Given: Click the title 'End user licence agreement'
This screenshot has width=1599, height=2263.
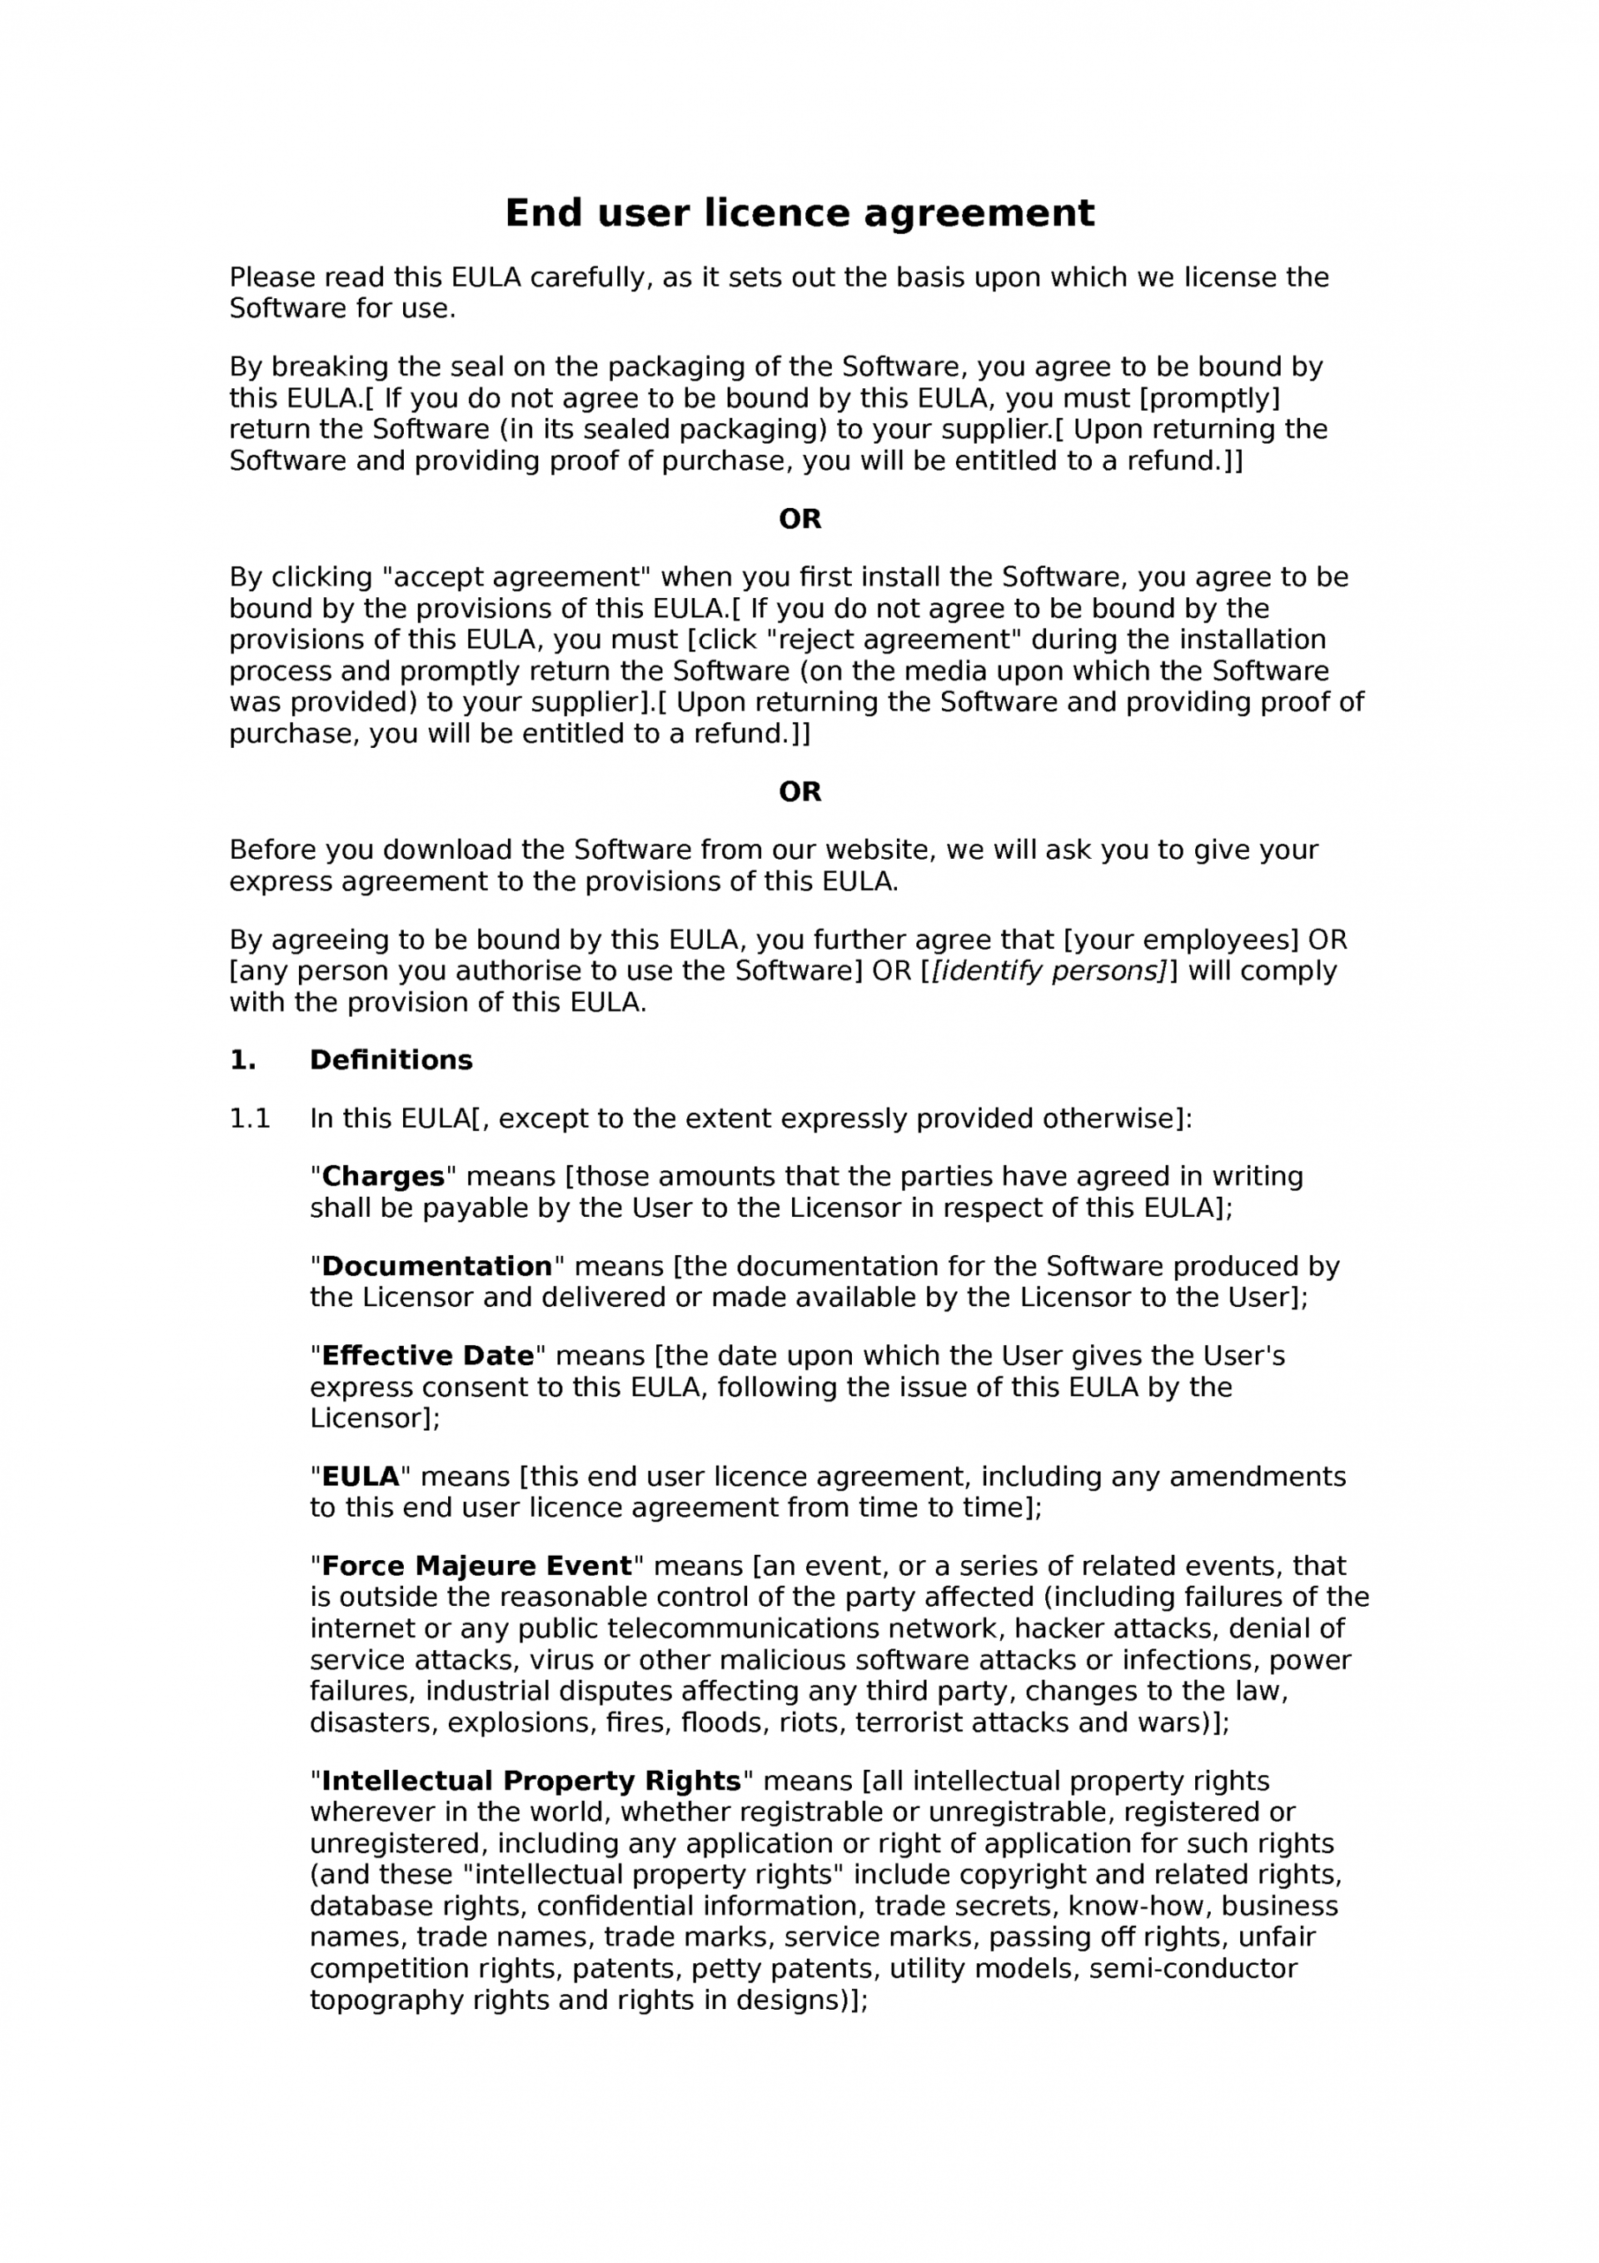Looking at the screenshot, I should pos(799,213).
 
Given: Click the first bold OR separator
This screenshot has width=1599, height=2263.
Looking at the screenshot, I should pos(799,520).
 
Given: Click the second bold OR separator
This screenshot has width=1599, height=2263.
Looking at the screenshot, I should pos(799,791).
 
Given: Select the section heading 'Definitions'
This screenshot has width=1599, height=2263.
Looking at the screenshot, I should pos(391,1059).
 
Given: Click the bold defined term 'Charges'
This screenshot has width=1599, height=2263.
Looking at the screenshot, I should pos(382,1176).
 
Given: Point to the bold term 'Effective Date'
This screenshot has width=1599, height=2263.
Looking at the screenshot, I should pos(427,1355).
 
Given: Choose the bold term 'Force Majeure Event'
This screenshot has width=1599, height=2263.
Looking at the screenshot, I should pos(476,1565).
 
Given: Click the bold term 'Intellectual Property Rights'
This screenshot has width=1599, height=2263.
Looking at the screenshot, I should pos(531,1780).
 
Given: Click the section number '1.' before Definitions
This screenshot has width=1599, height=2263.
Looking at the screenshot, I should pos(242,1059).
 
